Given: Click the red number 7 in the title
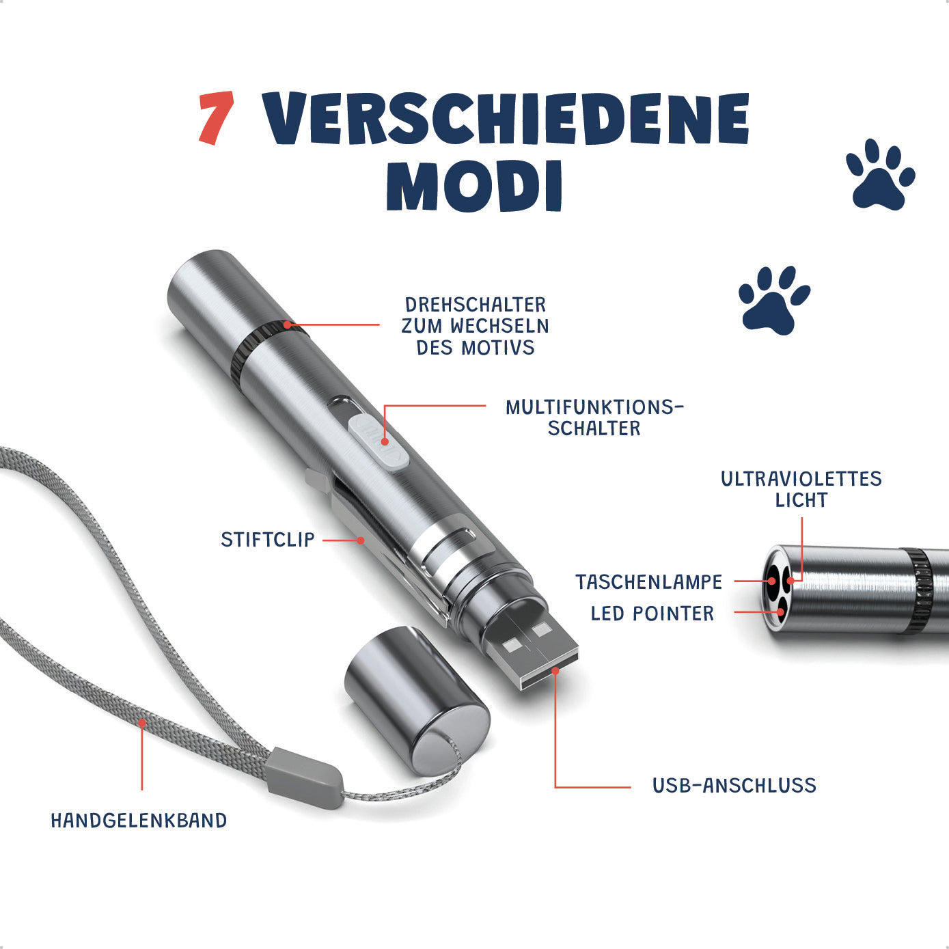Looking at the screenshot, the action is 216,118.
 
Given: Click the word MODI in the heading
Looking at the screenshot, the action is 474,186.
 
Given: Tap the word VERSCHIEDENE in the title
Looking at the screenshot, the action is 506,118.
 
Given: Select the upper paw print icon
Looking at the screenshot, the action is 880,174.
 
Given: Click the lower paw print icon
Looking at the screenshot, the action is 774,300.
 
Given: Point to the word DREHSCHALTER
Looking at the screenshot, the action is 476,305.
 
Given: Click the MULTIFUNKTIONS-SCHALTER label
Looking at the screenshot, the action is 594,417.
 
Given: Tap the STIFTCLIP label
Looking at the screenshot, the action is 267,540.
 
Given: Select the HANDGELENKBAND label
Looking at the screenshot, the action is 139,821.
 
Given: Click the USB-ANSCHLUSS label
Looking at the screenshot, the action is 734,785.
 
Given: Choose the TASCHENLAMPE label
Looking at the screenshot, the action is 648,582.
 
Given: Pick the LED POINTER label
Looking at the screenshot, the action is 652,614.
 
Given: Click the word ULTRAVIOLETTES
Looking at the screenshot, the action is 801,479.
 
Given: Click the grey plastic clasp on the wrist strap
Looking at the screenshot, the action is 304,778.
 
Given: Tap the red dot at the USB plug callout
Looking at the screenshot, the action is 555,671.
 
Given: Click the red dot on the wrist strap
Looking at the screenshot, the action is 142,723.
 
